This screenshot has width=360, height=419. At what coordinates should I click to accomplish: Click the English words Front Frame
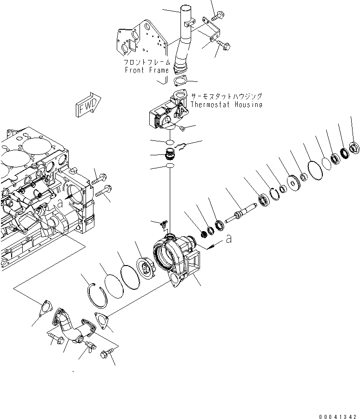point(147,70)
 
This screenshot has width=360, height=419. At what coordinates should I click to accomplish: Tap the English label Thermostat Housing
point(226,105)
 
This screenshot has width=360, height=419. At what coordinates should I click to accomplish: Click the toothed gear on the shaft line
point(293,180)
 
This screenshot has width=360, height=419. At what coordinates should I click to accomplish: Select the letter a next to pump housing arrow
point(228,239)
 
